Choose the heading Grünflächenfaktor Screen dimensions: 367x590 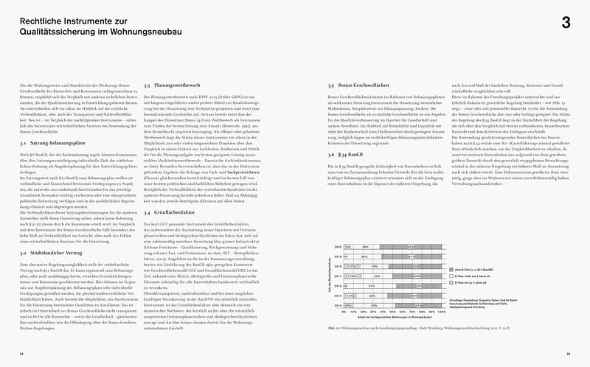(173, 212)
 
